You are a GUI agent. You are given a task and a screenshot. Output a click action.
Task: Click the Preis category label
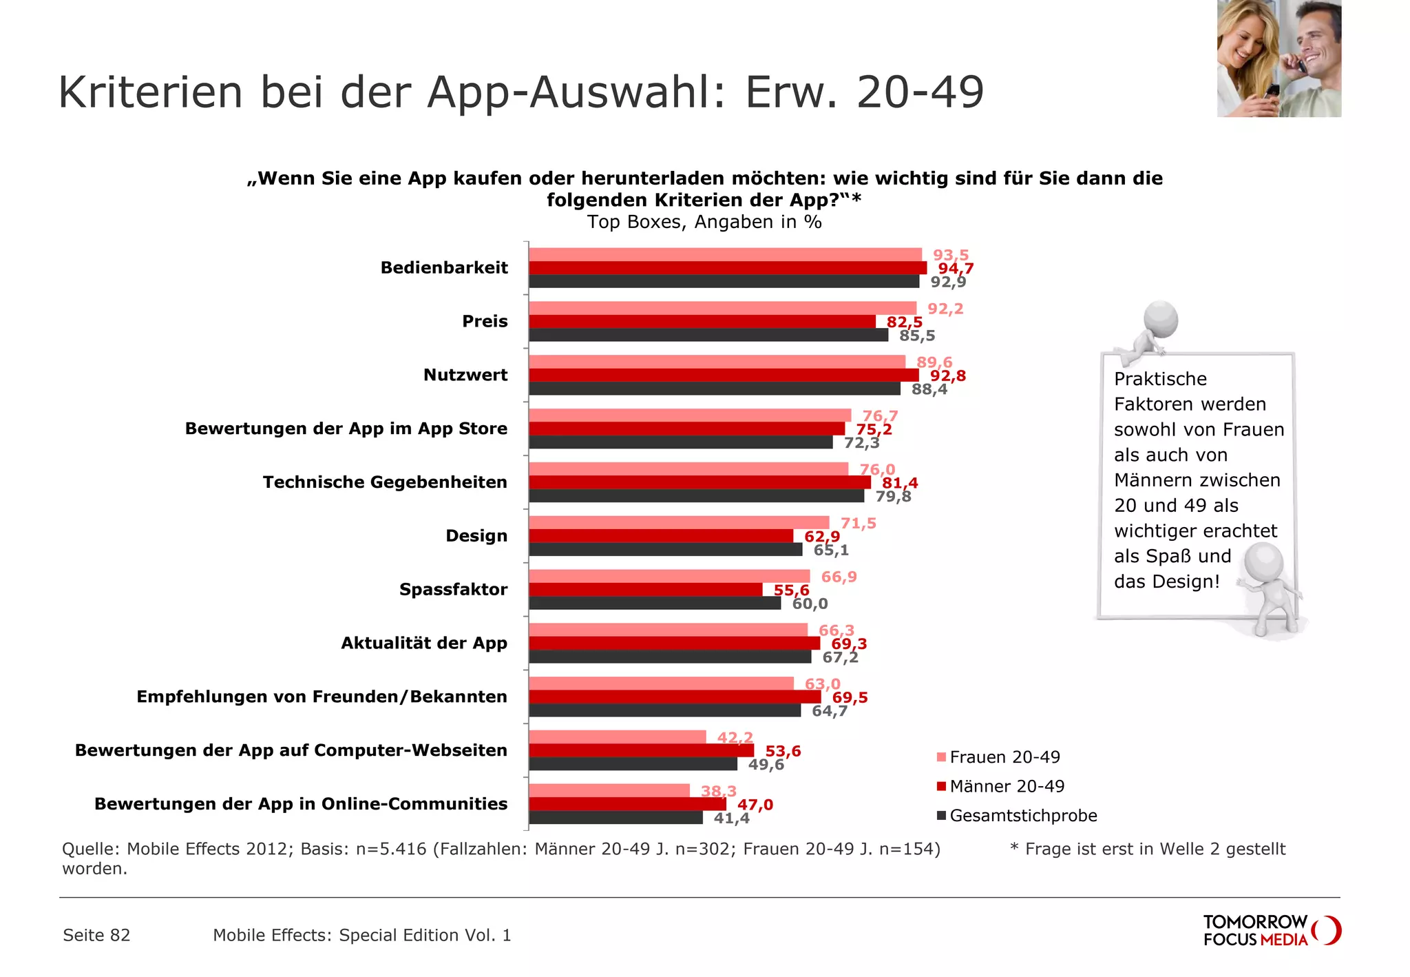(485, 322)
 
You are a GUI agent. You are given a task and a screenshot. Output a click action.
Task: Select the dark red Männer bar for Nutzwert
(723, 376)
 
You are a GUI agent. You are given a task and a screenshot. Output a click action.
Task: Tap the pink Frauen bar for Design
(678, 523)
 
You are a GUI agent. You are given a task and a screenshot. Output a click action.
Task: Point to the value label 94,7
(956, 269)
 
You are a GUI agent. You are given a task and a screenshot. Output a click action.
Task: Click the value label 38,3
(718, 791)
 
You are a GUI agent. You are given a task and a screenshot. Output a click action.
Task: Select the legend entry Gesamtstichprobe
(1022, 816)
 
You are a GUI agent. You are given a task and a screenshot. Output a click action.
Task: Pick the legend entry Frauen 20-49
(1004, 757)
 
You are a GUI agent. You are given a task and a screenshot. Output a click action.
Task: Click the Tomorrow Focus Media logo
(1271, 931)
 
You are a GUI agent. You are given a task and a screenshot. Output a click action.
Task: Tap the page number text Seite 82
(96, 935)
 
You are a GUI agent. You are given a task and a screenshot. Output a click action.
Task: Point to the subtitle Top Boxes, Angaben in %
(704, 222)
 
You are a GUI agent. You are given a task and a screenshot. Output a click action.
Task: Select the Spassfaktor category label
(453, 590)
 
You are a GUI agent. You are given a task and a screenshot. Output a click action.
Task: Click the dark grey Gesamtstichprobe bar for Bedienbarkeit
(723, 282)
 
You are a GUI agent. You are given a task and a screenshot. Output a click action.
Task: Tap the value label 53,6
(783, 751)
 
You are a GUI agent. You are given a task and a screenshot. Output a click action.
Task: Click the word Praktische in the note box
(1160, 379)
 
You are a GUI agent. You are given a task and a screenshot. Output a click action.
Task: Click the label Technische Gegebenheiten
(385, 482)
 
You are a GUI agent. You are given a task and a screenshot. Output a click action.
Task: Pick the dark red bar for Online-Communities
(627, 804)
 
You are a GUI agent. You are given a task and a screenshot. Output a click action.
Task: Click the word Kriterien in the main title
(151, 92)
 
